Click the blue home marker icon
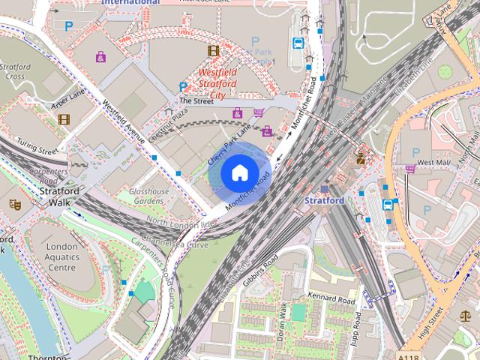239,173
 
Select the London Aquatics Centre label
61,256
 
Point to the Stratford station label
325,201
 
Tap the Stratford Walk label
54,196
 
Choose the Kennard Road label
331,298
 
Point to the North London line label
181,223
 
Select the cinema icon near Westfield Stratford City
214,51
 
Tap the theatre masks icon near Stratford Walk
15,203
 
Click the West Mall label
433,162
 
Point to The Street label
196,100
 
